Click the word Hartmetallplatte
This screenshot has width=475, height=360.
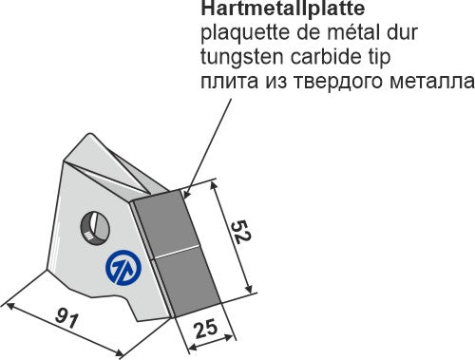click(x=283, y=9)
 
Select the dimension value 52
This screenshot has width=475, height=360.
click(x=241, y=232)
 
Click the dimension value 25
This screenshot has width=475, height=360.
click(x=206, y=329)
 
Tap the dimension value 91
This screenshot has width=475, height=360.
click(x=66, y=318)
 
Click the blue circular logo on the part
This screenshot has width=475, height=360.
click(x=123, y=268)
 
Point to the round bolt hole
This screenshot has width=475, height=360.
click(x=95, y=227)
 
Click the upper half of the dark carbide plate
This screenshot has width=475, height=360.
click(x=166, y=221)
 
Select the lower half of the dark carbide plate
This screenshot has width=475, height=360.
click(x=187, y=281)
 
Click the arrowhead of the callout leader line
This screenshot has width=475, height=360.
click(x=186, y=194)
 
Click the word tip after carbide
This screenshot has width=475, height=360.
click(x=379, y=58)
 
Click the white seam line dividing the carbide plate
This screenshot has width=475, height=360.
click(x=176, y=251)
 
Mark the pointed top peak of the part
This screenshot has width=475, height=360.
click(x=90, y=134)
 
